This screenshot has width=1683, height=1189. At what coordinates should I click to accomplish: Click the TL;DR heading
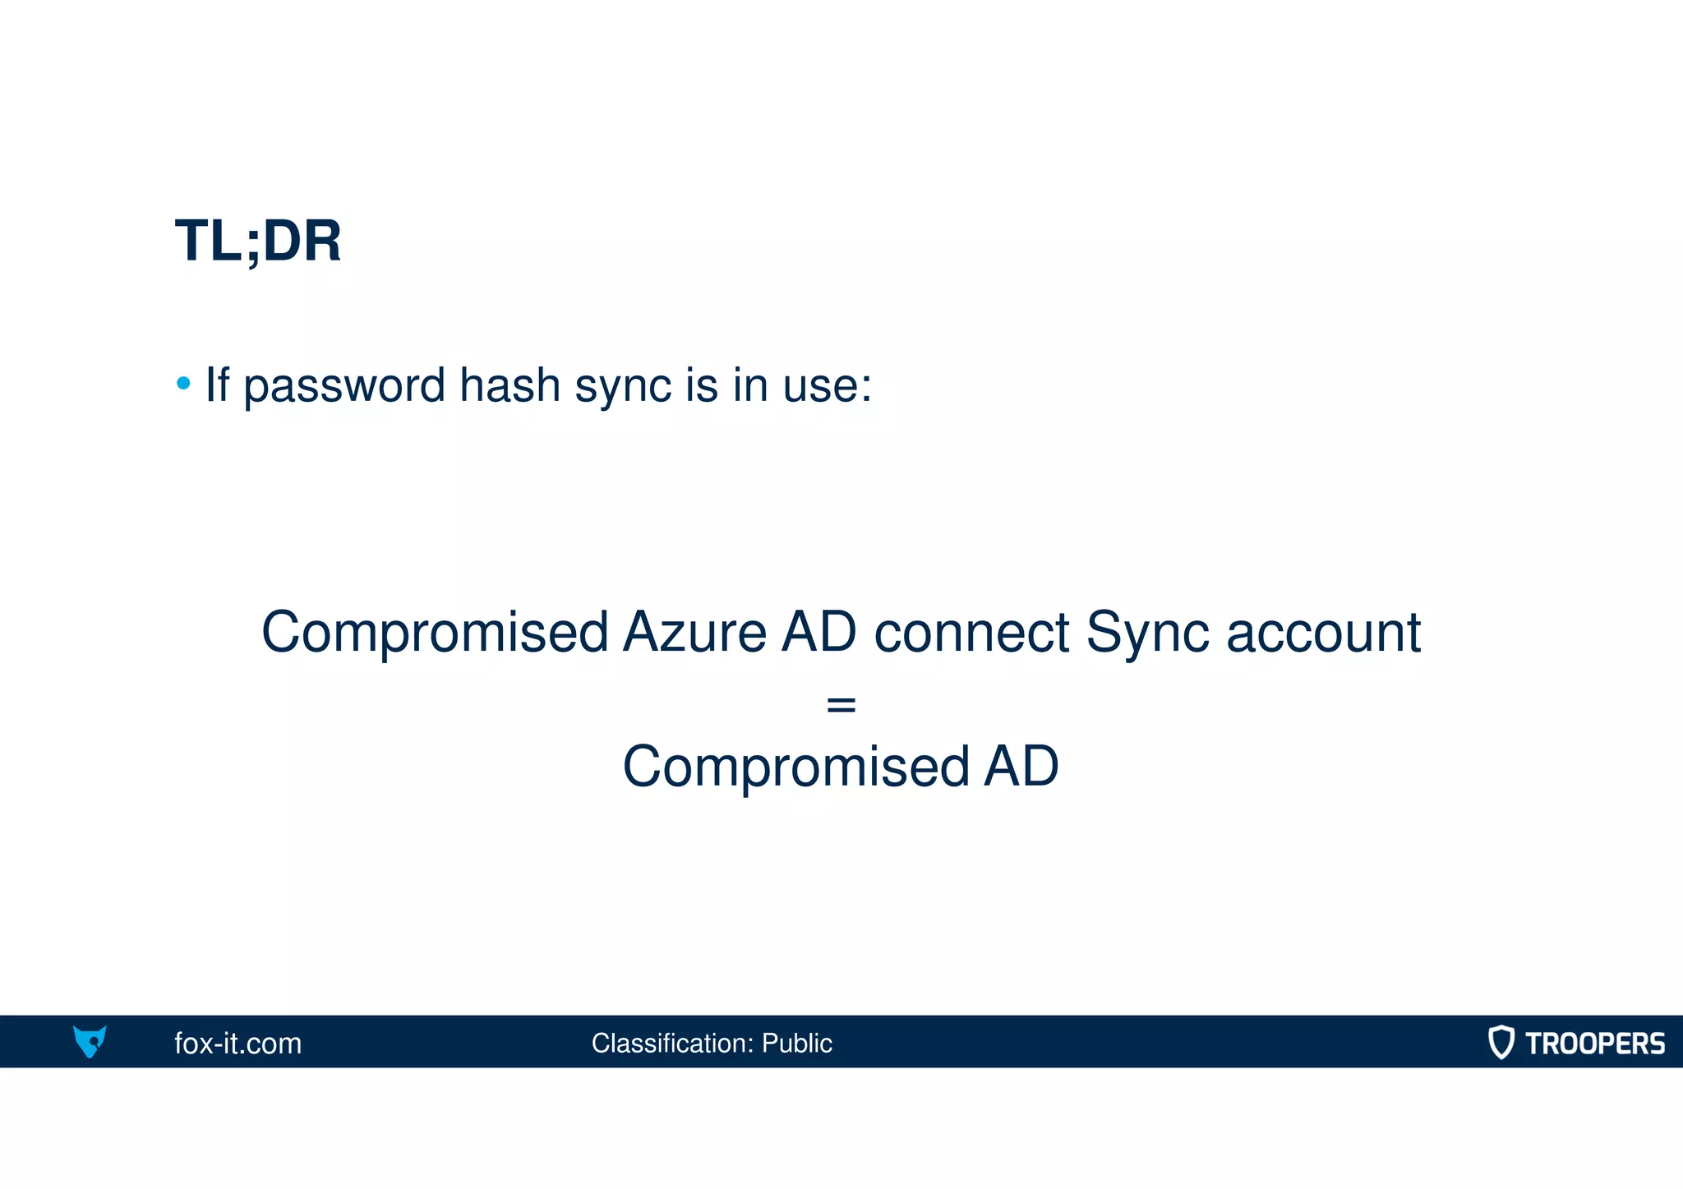(258, 242)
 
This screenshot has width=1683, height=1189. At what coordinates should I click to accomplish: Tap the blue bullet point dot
(183, 383)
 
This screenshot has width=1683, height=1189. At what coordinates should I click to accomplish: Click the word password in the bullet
(344, 385)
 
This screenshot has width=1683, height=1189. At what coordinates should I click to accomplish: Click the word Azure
(694, 632)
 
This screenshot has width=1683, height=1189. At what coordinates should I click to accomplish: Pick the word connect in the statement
(971, 634)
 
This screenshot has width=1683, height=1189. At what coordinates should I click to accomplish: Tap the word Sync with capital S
(1147, 634)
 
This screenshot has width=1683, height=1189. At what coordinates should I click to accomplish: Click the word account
(1323, 634)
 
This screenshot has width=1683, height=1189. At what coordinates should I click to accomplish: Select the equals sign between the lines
(841, 704)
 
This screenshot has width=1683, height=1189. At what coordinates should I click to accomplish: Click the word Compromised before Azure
(435, 634)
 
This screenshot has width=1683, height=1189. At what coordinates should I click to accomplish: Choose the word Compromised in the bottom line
(796, 767)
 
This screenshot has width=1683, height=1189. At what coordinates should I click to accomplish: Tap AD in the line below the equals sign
(1021, 766)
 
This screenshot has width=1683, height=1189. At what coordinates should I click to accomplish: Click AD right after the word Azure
(819, 632)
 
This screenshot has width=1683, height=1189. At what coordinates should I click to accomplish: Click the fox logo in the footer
(90, 1041)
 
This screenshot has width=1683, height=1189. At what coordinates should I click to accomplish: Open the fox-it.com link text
(238, 1044)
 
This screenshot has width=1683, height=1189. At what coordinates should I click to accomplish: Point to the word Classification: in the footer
(672, 1044)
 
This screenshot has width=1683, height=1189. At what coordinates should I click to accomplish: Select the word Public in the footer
(797, 1044)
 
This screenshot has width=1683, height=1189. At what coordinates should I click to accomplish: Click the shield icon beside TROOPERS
(1501, 1042)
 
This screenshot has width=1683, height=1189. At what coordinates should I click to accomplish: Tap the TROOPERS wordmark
(1595, 1044)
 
